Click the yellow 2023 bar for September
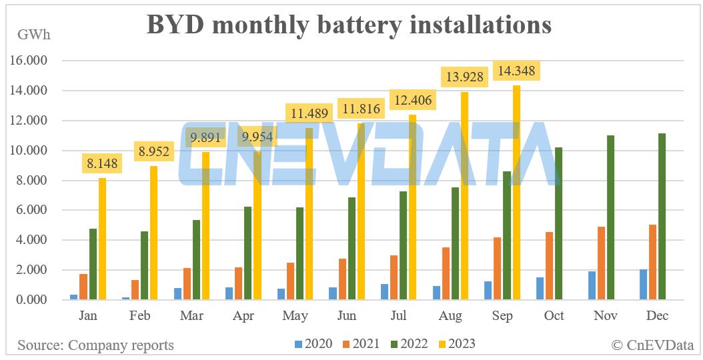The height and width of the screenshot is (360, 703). [516, 193]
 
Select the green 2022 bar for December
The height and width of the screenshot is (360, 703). [662, 217]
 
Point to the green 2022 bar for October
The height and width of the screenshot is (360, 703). [558, 224]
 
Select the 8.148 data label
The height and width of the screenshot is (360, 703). [103, 162]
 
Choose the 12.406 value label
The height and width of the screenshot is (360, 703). [412, 100]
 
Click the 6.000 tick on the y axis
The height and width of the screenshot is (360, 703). [31, 210]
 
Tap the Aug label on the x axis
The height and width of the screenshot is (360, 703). [450, 316]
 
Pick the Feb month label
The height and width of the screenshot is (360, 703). [140, 316]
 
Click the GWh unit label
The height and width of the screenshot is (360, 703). [33, 34]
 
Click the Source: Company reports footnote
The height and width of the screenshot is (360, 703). [95, 345]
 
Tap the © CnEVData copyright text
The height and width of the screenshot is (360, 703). [652, 345]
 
